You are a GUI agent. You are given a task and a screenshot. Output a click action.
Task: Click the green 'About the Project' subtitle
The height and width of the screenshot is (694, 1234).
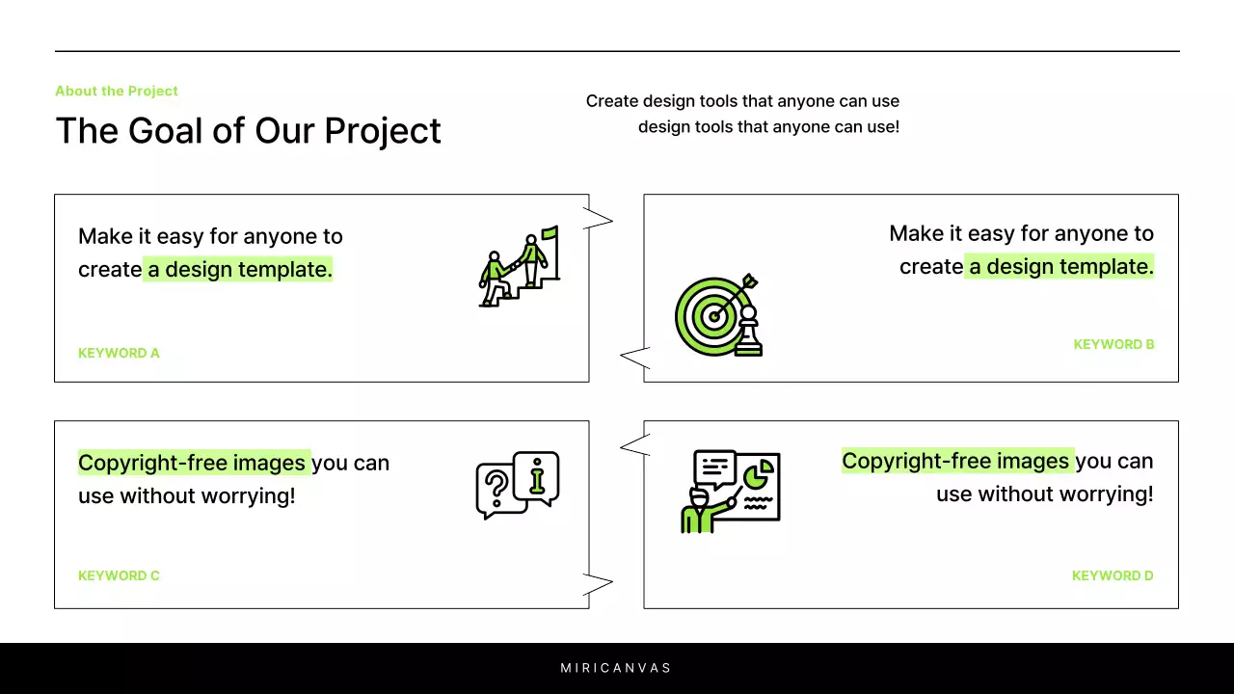point(117,91)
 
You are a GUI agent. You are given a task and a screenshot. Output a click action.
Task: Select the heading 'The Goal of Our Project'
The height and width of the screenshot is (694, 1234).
point(248,130)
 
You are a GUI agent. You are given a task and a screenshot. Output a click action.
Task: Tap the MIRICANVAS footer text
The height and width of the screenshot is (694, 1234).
point(616,668)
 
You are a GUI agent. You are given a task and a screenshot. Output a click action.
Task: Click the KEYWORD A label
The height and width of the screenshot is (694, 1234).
point(119,353)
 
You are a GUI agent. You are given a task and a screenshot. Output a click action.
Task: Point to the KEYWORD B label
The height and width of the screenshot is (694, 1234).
point(1113,344)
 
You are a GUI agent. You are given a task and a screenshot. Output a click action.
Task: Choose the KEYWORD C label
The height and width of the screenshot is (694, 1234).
point(119,575)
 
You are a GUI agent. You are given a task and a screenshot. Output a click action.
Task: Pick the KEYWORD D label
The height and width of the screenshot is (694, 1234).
point(1113,575)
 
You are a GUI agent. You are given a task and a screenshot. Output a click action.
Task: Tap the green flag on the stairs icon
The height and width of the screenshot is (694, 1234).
point(550,232)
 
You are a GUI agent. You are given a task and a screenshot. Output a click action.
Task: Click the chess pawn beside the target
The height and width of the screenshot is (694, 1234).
point(748,333)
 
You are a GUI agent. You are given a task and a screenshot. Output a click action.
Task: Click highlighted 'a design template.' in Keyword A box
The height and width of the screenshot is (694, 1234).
point(239,270)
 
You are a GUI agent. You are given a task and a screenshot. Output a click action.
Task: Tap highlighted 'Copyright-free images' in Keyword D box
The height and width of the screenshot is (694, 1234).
point(956,461)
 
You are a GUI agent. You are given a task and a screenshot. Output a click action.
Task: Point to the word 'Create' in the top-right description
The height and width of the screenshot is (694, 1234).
point(611,101)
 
